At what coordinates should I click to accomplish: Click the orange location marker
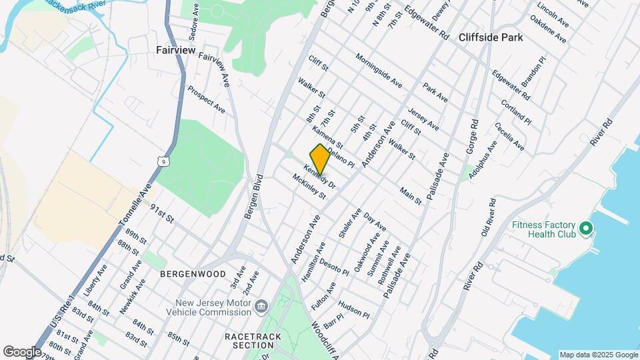[320, 159]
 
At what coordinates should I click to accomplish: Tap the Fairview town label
[175, 50]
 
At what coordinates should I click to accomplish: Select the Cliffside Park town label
[491, 38]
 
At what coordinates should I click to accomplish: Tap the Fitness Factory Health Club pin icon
[586, 229]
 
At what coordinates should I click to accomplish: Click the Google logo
[22, 351]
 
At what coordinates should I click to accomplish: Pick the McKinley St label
[308, 187]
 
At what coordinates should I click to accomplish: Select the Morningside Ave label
[379, 71]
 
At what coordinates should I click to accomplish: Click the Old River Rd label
[489, 217]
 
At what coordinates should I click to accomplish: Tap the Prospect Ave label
[205, 99]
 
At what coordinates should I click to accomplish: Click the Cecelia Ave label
[509, 136]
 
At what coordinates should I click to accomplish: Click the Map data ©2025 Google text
[598, 354]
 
